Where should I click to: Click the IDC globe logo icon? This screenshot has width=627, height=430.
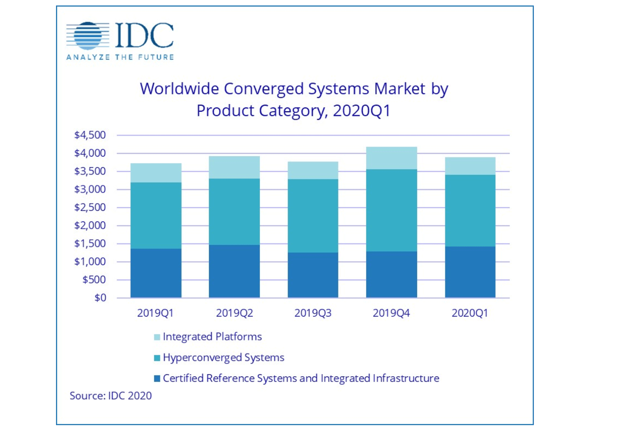(88, 35)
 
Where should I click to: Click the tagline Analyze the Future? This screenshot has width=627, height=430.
(120, 57)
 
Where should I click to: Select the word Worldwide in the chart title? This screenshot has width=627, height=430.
(179, 89)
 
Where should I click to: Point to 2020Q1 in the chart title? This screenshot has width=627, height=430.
(362, 111)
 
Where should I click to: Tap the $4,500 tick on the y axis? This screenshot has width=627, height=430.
(90, 135)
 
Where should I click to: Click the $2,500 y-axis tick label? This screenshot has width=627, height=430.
(90, 207)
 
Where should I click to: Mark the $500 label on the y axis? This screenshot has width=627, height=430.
(94, 280)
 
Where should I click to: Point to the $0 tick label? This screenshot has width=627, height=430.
(100, 298)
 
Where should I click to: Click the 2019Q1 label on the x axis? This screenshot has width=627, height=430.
(156, 313)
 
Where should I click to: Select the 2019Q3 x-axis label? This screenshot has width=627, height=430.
(313, 313)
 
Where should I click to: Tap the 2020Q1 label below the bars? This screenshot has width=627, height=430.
(470, 313)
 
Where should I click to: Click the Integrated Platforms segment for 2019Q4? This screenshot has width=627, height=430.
(391, 158)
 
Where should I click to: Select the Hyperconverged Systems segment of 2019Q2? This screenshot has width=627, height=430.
(234, 212)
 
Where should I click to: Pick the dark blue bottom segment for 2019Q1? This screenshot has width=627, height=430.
(156, 273)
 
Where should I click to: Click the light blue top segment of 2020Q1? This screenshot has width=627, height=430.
(470, 166)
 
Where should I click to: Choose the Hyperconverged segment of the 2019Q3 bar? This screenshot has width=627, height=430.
(313, 216)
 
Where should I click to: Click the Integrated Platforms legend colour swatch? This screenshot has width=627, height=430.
(157, 337)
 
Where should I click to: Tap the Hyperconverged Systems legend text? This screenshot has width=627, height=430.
(223, 358)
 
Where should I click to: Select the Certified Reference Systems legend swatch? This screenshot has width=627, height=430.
(157, 379)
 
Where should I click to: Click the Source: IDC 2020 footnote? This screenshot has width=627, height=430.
(111, 396)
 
